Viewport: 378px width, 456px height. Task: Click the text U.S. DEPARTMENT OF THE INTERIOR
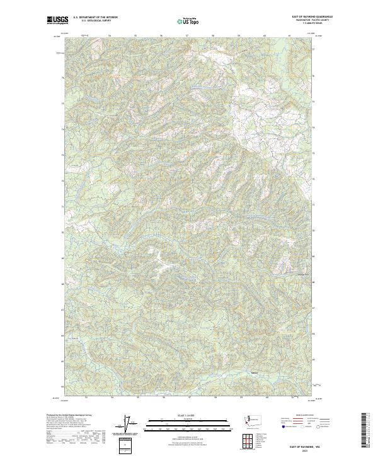(95, 18)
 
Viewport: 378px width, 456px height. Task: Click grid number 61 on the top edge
(290, 36)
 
